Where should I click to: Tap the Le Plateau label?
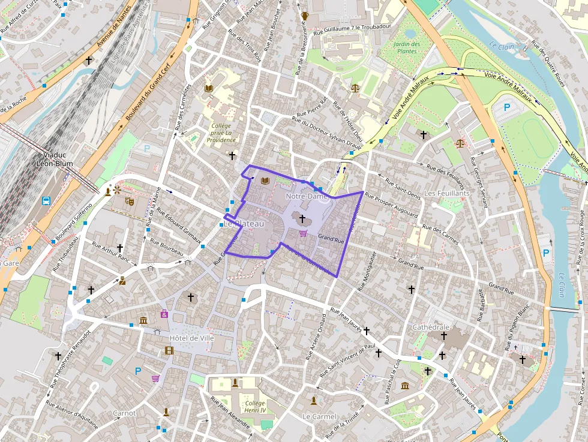coord(244,224)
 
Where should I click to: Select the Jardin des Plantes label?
coord(407,48)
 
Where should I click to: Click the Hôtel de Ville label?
coord(192,338)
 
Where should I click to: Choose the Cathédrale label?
coord(431,327)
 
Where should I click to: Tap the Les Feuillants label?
coord(446,194)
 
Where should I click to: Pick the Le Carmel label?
coord(319,416)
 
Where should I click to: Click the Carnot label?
coord(124,413)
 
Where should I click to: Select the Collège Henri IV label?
coord(255,407)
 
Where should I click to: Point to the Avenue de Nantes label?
coord(113,32)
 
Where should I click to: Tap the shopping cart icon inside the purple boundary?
coord(303,233)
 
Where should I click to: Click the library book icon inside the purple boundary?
coord(265,180)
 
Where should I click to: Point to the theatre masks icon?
coord(128,202)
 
